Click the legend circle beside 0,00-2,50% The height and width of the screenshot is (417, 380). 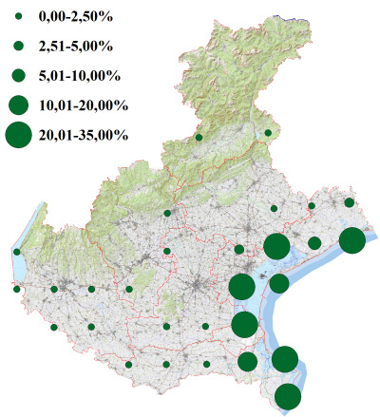[18, 16]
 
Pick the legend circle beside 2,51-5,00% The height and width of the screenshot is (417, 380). [18, 46]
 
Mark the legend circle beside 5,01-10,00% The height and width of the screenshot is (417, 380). [18, 75]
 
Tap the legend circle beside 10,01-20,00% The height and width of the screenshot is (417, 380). [18, 104]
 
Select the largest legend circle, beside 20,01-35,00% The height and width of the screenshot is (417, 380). [18, 135]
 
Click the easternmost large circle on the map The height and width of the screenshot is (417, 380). [351, 240]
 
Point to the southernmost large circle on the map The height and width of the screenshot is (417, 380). [288, 397]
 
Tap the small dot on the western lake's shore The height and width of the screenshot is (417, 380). [17, 252]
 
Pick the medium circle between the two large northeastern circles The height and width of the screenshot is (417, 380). [314, 243]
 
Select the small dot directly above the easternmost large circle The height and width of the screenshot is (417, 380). [350, 202]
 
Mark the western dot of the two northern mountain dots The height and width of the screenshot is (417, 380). [199, 138]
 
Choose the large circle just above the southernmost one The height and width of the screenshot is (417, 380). [285, 359]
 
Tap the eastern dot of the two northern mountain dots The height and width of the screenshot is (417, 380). [268, 133]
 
